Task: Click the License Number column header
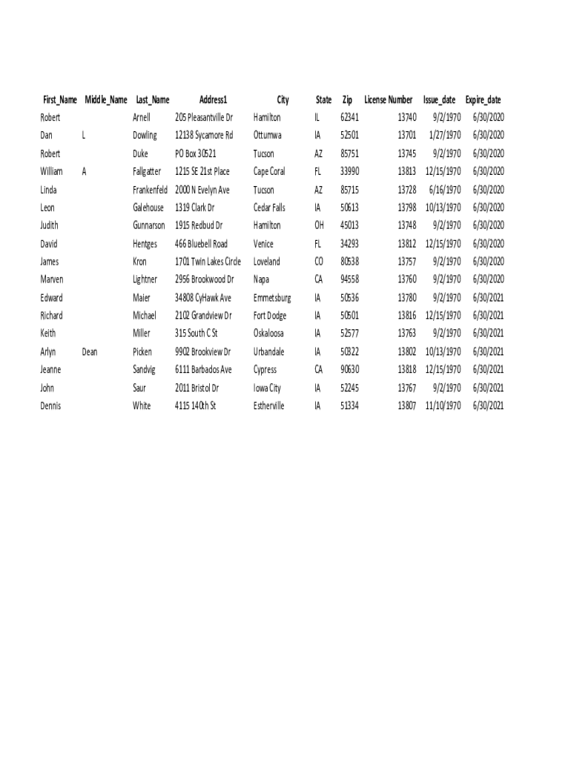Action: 388,100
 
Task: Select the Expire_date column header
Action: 483,100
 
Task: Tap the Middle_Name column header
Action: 106,100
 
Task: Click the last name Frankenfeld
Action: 150,190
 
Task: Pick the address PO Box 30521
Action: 196,154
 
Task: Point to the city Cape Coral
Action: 269,172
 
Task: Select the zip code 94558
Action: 349,279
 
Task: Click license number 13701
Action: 407,136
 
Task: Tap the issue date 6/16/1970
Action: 445,190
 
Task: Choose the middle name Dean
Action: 90,352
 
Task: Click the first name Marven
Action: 52,279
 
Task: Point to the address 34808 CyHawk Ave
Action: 203,298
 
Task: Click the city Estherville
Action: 268,406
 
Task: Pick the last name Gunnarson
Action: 149,225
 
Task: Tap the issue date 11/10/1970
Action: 443,406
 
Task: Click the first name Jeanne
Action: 50,370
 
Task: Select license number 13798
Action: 407,208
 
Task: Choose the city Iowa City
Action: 267,388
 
